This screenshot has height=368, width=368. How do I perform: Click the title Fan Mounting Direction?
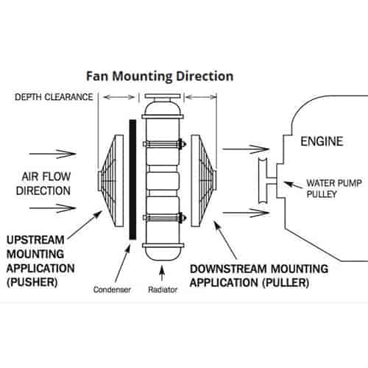tap(160, 77)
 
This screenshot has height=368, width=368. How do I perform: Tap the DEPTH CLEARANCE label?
tap(54, 97)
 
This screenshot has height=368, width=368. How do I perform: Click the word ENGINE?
tap(322, 141)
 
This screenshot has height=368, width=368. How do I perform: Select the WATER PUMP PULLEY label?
tap(334, 188)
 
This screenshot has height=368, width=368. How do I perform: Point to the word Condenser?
tap(112, 290)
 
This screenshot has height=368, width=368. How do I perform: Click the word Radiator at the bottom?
tap(163, 290)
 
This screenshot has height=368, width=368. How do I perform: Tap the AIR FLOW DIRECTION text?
tap(43, 183)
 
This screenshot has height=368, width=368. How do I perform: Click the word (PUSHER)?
tap(32, 283)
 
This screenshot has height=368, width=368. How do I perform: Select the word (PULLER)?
tap(286, 283)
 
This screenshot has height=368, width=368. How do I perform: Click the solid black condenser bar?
tap(132, 180)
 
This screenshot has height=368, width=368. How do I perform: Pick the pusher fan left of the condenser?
tap(110, 181)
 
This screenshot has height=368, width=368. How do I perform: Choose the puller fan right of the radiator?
tap(204, 181)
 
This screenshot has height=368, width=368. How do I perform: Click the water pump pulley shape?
tap(265, 181)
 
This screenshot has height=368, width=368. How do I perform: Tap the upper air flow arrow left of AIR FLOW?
tap(53, 154)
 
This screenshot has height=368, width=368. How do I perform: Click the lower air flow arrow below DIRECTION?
tap(53, 208)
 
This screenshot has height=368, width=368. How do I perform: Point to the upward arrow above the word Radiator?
tap(162, 273)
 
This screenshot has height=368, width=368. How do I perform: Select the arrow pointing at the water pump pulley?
tap(293, 185)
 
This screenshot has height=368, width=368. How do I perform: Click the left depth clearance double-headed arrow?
tap(119, 97)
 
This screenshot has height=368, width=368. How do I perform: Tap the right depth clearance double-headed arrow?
tap(201, 97)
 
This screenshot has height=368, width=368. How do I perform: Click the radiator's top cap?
tap(163, 96)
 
